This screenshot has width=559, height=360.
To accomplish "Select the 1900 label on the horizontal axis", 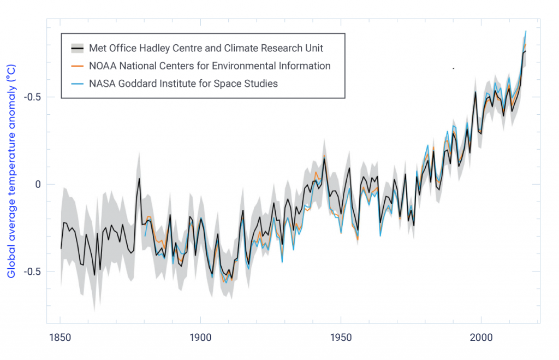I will click(200, 337).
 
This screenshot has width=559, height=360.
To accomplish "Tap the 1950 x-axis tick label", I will click(341, 337).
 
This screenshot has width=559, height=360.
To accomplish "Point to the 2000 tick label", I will click(481, 337).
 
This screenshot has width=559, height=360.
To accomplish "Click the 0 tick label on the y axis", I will click(37, 184).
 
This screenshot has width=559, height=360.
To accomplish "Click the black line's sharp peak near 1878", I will click(139, 179).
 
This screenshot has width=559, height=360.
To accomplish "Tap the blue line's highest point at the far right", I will click(526, 31).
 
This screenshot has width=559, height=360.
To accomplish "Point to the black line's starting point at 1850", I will click(61, 249).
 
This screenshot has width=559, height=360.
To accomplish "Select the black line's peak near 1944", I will click(324, 159).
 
